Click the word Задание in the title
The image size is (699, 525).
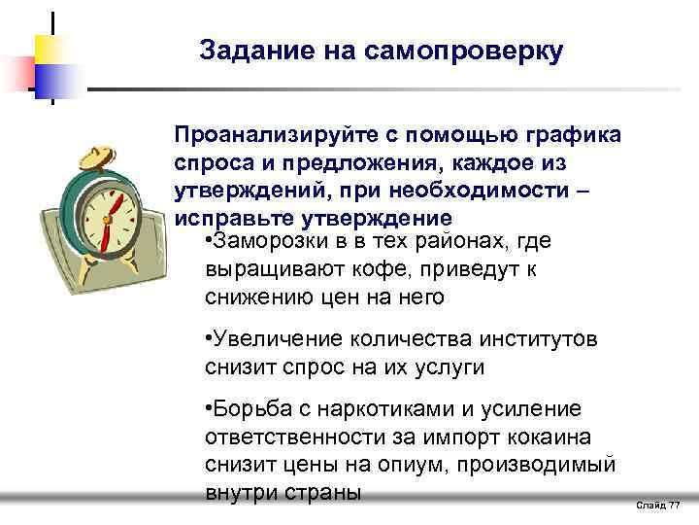click(247, 52)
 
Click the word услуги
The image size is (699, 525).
click(449, 367)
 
